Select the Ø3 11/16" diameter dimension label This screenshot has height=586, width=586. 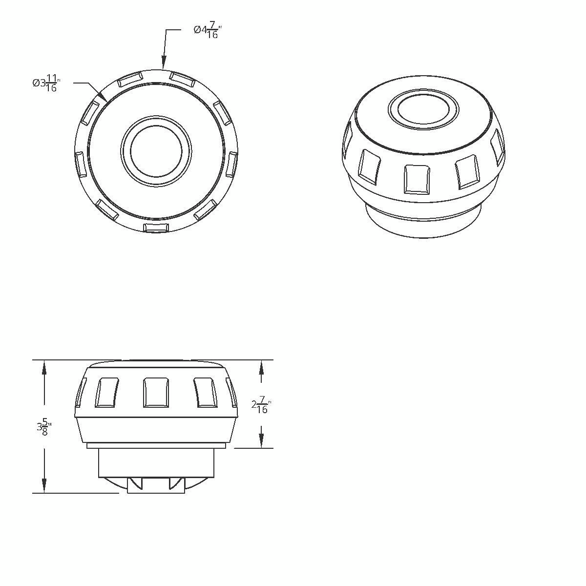[45, 83]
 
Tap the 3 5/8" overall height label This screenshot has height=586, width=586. [44, 428]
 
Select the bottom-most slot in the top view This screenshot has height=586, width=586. [156, 228]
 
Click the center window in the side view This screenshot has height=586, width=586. [156, 392]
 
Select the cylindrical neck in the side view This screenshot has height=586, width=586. [156, 462]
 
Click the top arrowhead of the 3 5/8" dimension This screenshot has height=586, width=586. [44, 366]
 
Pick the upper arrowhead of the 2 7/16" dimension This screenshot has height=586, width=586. [261, 366]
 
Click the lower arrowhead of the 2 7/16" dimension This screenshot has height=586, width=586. [261, 441]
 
